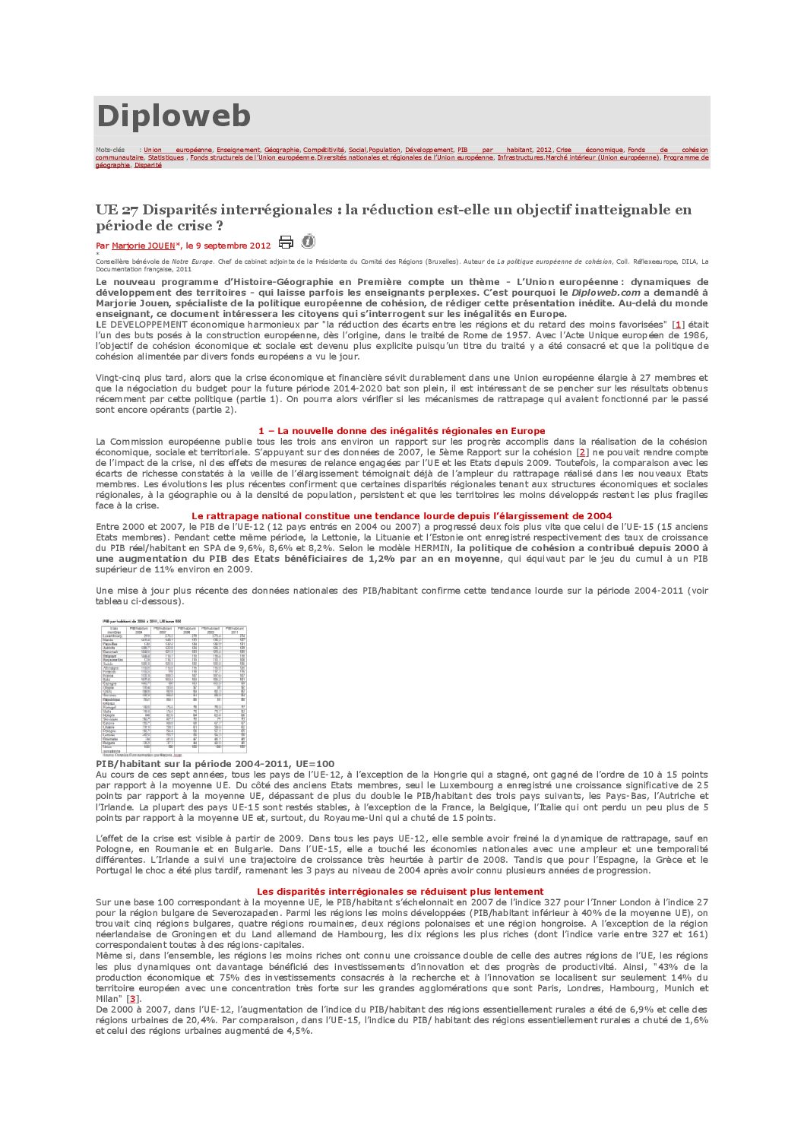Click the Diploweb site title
(x=173, y=116)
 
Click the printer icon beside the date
(x=286, y=242)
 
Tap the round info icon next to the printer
(x=308, y=242)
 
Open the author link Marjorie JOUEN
(x=143, y=246)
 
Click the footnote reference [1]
(x=679, y=325)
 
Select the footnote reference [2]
(x=583, y=452)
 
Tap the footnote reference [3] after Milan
(x=133, y=999)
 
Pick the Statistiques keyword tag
(x=166, y=158)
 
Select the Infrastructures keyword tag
(x=521, y=158)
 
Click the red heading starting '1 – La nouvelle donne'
(x=401, y=431)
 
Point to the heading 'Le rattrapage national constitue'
(x=401, y=516)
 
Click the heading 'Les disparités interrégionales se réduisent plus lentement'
(x=400, y=892)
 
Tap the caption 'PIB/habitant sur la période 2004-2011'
(x=215, y=764)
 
